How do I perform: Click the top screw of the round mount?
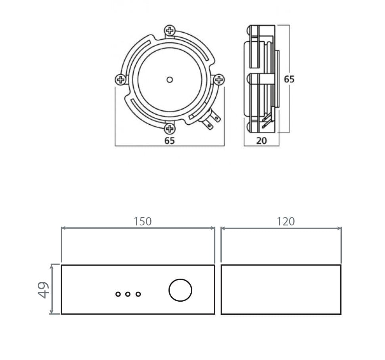(169, 31)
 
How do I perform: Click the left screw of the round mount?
(121, 80)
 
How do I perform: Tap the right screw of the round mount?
(219, 80)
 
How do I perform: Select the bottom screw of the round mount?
(169, 129)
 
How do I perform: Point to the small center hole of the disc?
(169, 80)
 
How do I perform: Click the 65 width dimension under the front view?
(169, 141)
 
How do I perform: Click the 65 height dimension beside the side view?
(289, 79)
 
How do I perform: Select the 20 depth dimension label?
(261, 141)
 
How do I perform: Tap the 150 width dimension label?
(142, 221)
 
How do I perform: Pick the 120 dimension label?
(285, 221)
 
